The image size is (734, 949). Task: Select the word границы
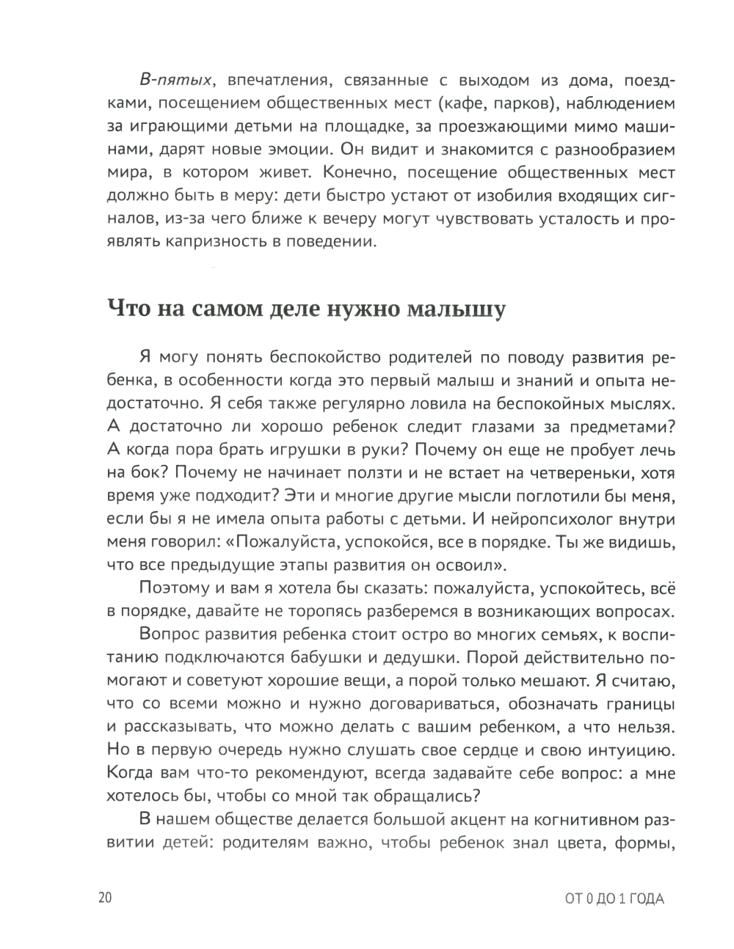tap(639, 704)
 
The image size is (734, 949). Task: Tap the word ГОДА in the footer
tap(645, 899)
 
